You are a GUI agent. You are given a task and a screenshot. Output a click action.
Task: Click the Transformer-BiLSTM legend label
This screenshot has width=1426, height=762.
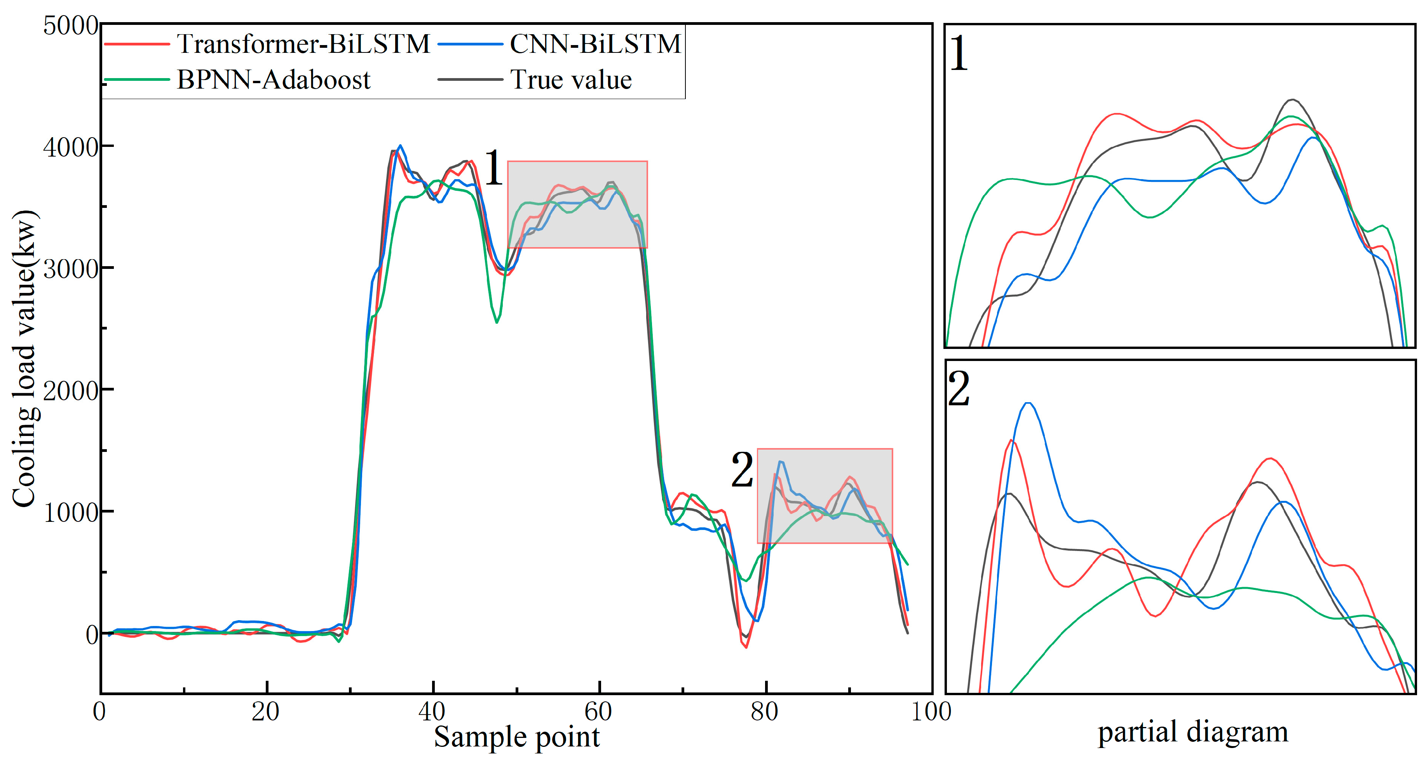tap(303, 44)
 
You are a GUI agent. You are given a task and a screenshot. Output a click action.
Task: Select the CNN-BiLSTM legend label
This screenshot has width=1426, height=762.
tap(594, 44)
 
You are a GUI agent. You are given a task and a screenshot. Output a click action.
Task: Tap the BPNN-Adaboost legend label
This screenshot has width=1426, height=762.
tap(274, 80)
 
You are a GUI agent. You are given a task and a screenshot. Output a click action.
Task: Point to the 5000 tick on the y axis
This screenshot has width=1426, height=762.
tap(71, 26)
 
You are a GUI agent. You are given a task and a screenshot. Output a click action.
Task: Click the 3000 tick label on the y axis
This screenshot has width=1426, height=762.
tap(71, 269)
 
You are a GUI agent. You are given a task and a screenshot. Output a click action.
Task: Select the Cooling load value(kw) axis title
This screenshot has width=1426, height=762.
tap(24, 358)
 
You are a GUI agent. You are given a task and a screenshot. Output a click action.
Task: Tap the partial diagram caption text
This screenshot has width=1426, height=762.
tap(1192, 732)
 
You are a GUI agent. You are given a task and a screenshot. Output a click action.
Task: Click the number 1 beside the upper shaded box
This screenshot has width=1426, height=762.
tap(493, 168)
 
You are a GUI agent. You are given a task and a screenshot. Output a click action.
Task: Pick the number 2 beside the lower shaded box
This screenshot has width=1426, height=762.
tap(742, 470)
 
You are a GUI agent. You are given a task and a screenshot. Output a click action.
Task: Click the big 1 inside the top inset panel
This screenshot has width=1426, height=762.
tap(959, 54)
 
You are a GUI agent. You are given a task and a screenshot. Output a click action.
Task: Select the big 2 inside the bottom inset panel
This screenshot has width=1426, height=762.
tap(959, 389)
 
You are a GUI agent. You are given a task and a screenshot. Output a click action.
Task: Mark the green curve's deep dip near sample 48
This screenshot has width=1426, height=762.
tap(497, 322)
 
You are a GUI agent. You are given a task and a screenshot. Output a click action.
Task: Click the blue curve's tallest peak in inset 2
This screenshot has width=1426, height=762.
tap(1029, 403)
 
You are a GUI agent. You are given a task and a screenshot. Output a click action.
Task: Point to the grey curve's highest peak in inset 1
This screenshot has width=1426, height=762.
tap(1292, 100)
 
